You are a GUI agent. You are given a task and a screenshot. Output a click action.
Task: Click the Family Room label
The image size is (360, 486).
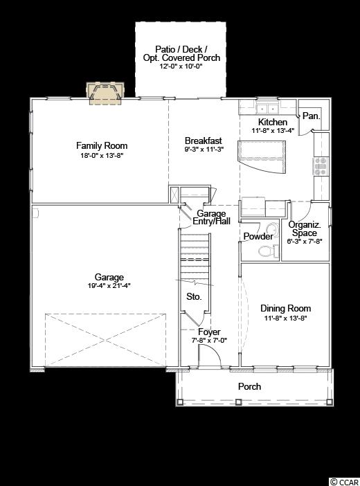(102, 145)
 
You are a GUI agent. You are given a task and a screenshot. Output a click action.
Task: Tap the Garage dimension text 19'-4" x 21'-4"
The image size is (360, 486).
(109, 285)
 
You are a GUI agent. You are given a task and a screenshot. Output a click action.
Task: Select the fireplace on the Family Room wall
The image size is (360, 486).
(105, 93)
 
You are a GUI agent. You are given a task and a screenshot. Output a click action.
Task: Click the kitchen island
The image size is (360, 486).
(262, 156)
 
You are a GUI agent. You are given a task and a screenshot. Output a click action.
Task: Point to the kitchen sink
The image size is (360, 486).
(267, 109)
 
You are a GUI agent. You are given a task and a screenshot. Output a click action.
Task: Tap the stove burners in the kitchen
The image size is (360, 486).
(321, 166)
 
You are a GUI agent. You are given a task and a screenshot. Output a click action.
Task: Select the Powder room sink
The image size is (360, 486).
(273, 231)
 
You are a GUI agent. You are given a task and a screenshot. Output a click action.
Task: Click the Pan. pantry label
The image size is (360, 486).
(311, 116)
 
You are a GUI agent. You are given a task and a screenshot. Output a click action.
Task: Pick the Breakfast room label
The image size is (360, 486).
(203, 141)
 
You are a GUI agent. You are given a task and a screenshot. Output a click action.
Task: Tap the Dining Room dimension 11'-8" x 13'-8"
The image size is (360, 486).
(285, 318)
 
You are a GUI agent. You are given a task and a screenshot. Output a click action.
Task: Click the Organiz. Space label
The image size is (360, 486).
(305, 228)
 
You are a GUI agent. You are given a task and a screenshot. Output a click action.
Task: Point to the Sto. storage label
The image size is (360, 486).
(194, 296)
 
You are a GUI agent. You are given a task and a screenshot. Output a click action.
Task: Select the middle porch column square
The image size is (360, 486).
(238, 402)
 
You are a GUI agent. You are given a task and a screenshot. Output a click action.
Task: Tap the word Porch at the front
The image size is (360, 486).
(249, 386)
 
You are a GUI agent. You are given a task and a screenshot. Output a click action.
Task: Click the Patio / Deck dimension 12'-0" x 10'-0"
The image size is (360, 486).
(181, 66)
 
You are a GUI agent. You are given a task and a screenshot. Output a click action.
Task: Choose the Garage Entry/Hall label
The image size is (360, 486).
(211, 217)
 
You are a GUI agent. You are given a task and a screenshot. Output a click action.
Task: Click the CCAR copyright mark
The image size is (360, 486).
(345, 482)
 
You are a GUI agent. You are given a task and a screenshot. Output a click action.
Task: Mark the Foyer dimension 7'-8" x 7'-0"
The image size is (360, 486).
(209, 341)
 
